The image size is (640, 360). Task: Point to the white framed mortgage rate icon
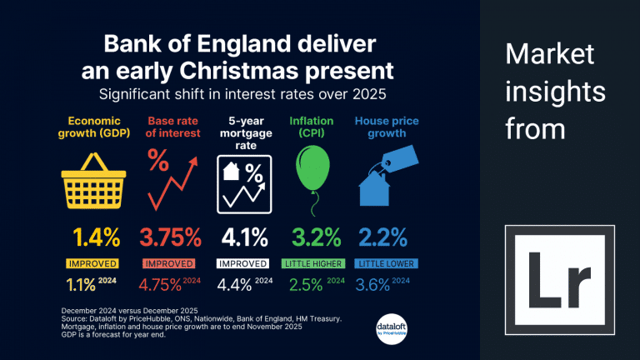click(x=246, y=182)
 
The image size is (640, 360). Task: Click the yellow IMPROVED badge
click(x=93, y=263)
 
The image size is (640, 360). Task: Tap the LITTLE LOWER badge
click(x=387, y=263)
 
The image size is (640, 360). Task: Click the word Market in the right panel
click(x=550, y=56)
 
